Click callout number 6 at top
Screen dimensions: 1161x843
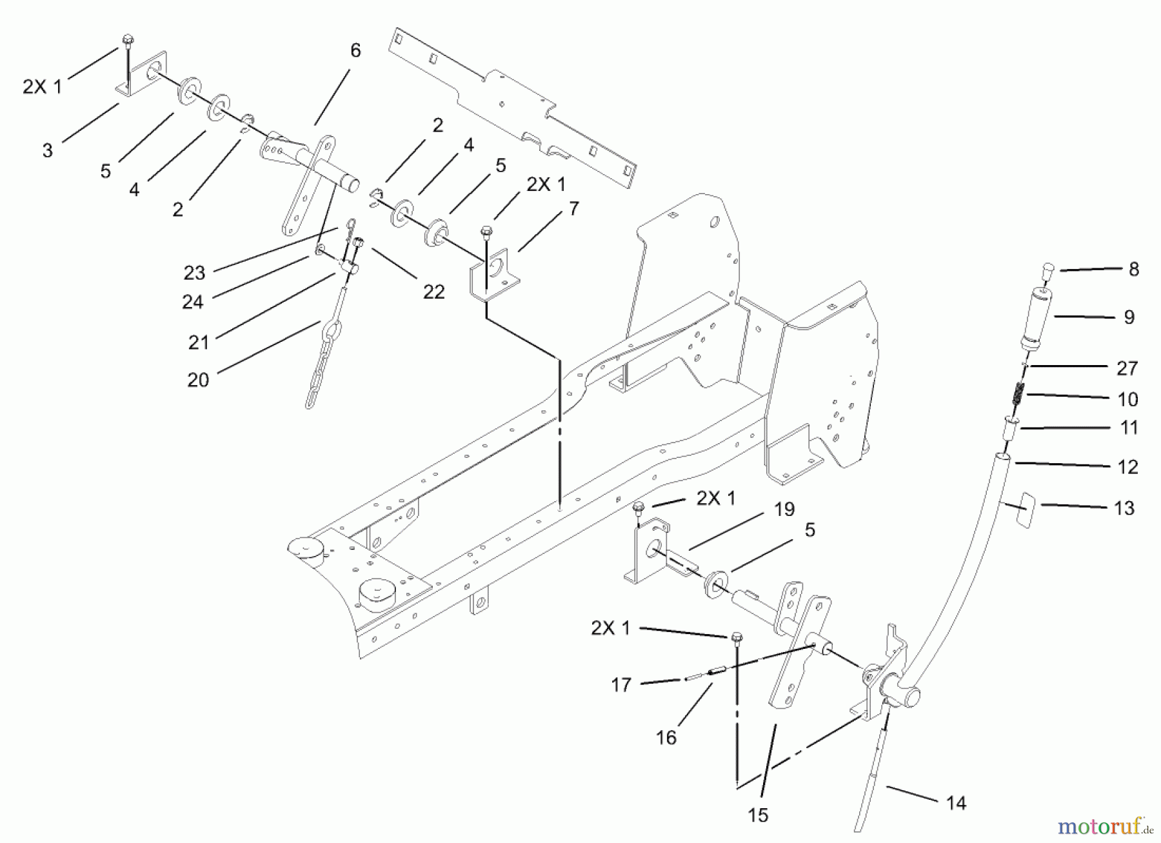coord(355,51)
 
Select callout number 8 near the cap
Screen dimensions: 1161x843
coord(1133,270)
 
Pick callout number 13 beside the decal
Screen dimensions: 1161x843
coord(1124,508)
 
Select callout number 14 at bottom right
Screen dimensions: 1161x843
coord(956,803)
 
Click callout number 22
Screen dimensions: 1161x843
coord(433,292)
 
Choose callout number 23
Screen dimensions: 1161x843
coord(193,273)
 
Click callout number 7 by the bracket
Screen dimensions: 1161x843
coord(573,209)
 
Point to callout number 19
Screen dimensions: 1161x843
coord(784,510)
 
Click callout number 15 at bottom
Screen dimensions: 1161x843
coord(759,815)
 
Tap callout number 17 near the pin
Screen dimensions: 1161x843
coord(620,685)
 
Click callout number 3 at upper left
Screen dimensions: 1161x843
coord(47,150)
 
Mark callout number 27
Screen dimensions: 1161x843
coord(1127,368)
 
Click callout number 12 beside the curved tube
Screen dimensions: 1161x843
coord(1127,467)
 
